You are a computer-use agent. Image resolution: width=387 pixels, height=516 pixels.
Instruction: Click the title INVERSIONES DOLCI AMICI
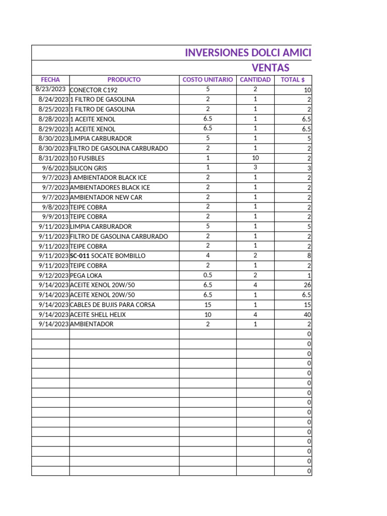(248, 53)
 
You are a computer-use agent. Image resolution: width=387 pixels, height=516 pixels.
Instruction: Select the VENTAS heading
(271, 68)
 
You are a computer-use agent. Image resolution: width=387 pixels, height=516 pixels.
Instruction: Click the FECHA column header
(50, 80)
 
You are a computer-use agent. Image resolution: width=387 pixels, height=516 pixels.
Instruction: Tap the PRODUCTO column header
(124, 80)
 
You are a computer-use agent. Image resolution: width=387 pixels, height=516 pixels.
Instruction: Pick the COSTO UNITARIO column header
(208, 80)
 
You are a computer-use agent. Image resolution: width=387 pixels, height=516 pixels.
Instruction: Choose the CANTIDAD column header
(255, 80)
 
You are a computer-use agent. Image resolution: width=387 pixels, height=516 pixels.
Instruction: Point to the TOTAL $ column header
(293, 80)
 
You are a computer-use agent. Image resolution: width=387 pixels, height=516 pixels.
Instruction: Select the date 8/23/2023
(50, 89)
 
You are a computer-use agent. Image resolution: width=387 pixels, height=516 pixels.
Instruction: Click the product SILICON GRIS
(89, 168)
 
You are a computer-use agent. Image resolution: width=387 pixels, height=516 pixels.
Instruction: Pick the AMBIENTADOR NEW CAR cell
(106, 197)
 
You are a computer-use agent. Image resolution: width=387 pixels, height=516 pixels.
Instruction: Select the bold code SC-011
(80, 256)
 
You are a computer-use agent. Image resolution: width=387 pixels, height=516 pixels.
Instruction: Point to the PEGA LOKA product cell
(86, 276)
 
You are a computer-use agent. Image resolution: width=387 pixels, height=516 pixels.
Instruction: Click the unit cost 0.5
(208, 275)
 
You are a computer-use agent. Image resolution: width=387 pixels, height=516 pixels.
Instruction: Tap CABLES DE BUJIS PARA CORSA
(112, 305)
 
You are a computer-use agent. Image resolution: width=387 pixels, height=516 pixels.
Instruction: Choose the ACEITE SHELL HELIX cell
(98, 314)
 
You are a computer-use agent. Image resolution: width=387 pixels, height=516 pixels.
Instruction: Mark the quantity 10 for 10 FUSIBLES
(255, 158)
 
